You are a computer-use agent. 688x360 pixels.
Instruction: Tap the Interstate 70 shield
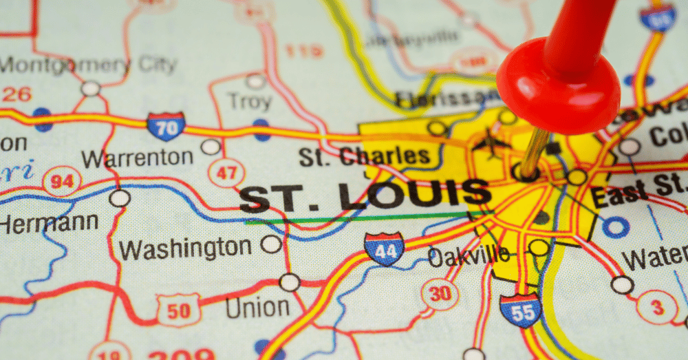[x=166, y=127]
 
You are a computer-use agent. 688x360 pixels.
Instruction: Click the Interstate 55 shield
[x=520, y=310]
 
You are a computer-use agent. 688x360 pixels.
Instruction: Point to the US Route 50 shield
[x=178, y=310]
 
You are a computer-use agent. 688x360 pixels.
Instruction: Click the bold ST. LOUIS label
[x=365, y=195]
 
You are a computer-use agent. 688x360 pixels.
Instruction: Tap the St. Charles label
[x=364, y=156]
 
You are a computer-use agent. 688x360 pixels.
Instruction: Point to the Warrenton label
[x=137, y=158]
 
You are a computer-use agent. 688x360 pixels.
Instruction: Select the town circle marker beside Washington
[x=271, y=244]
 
